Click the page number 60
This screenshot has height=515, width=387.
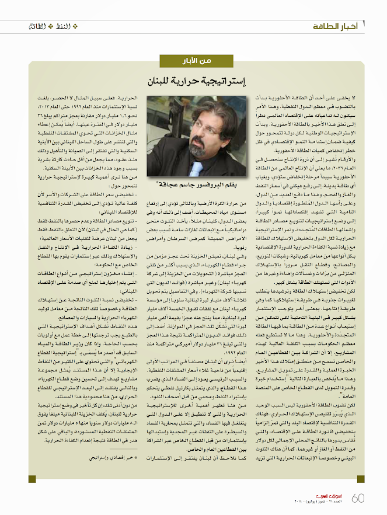pyautogui.click(x=359, y=497)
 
